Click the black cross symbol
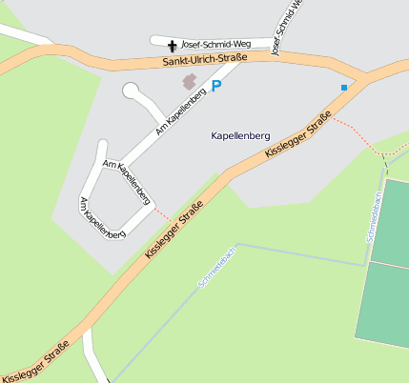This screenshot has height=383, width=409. pos(173,46)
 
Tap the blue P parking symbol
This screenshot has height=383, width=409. pos(215,86)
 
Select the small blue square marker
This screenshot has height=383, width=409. pos(344,88)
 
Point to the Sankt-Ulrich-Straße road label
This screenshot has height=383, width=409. pos(205,60)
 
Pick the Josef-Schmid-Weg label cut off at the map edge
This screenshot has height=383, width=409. pos(288,27)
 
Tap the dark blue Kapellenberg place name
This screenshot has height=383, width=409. pos(242,136)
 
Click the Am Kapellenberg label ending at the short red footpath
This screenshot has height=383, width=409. pos(128,182)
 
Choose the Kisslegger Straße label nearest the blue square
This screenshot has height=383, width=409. pos(299,133)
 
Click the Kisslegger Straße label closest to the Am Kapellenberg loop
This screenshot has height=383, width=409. pos(175,232)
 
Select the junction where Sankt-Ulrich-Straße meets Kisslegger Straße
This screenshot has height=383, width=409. pos(362,78)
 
